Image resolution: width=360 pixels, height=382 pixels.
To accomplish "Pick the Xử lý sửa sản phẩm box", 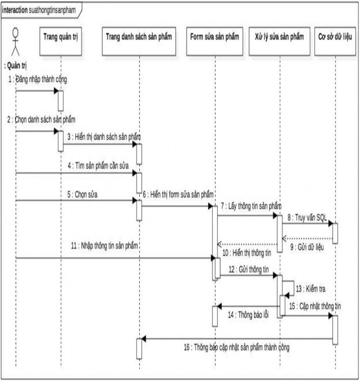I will (x=279, y=37).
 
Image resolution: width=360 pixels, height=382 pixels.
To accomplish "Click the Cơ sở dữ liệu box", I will (x=335, y=37).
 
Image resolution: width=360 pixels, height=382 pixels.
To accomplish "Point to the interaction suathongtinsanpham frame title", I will (x=38, y=10).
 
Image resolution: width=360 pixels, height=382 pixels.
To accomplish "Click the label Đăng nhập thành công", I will (x=39, y=79).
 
